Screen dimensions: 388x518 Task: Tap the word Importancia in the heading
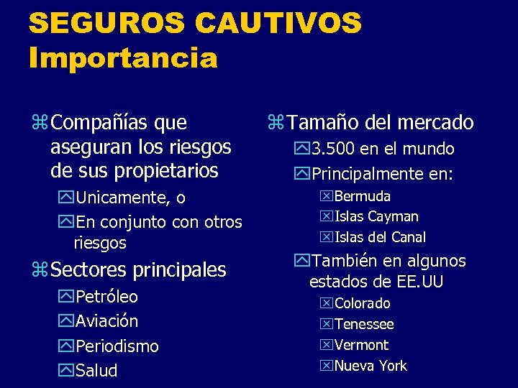click(x=123, y=57)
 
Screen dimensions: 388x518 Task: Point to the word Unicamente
click(x=122, y=198)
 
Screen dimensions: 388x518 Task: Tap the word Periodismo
click(x=117, y=346)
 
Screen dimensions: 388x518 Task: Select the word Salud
click(x=96, y=371)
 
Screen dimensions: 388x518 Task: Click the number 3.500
click(x=332, y=149)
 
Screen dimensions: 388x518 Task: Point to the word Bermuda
click(x=362, y=196)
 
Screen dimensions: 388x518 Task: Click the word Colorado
click(x=363, y=304)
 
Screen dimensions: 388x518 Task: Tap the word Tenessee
click(x=364, y=325)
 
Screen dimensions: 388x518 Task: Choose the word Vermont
click(x=361, y=345)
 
